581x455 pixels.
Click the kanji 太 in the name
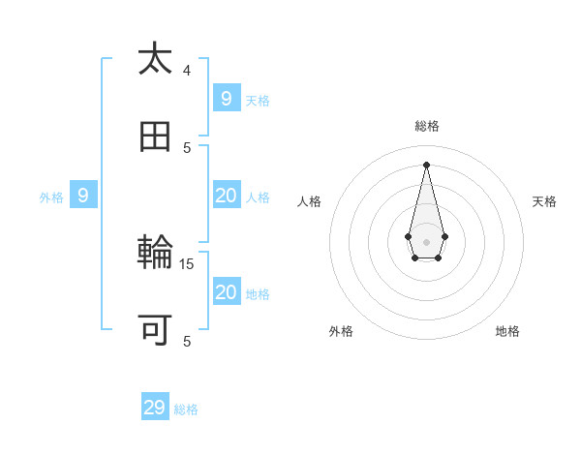pos(155,59)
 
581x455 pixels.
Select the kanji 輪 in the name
pos(155,254)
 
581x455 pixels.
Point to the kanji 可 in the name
pos(155,331)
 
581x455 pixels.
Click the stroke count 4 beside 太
pos(187,70)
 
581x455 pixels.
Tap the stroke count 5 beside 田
pos(187,147)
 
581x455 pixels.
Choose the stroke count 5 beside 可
pos(187,341)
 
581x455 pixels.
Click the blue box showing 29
pos(155,408)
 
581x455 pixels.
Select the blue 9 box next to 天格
pos(226,98)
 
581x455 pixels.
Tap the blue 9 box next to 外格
pos(83,196)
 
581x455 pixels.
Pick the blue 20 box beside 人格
pos(226,196)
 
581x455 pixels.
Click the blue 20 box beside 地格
pos(226,292)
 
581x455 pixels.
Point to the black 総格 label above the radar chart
pos(427,126)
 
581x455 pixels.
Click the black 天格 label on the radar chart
pos(544,201)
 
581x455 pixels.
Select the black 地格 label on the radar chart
pos(507,331)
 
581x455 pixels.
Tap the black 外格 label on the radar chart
pos(341,331)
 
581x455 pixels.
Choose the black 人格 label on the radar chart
pos(309,201)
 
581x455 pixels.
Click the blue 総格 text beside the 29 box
pos(186,409)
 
